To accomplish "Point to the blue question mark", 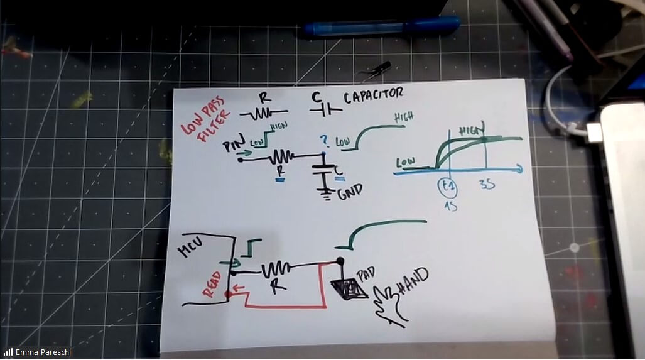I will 324,139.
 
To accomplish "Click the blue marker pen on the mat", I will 381,27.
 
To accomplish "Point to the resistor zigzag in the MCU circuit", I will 274,270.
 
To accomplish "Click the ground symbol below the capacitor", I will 325,192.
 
